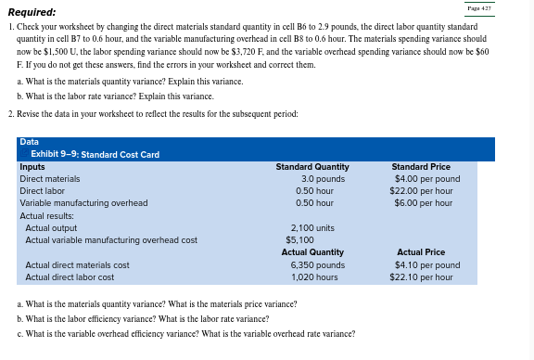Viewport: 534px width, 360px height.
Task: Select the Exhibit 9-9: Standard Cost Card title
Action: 95,153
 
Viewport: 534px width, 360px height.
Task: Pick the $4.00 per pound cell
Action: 426,178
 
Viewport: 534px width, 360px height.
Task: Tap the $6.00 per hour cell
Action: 424,202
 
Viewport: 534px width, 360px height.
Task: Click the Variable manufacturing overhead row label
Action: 83,202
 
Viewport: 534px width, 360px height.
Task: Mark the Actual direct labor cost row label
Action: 70,276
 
